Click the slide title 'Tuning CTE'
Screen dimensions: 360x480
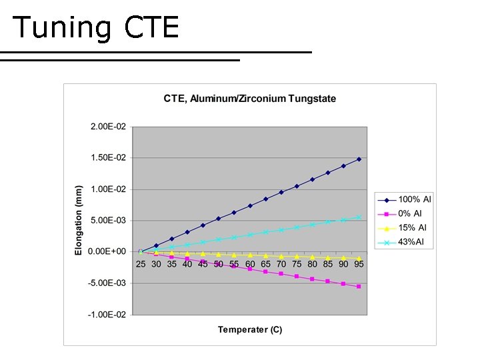95,27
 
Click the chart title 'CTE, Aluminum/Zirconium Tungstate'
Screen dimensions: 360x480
250,99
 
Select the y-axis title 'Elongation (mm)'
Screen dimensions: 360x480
79,220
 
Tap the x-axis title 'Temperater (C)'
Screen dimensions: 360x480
250,330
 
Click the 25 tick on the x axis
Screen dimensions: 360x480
141,264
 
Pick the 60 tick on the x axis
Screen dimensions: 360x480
250,264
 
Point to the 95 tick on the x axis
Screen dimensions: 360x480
359,264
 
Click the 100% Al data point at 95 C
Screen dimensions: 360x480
359,159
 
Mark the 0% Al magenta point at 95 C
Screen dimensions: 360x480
359,286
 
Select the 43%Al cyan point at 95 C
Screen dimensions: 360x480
359,217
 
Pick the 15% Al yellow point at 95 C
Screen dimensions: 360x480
359,259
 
